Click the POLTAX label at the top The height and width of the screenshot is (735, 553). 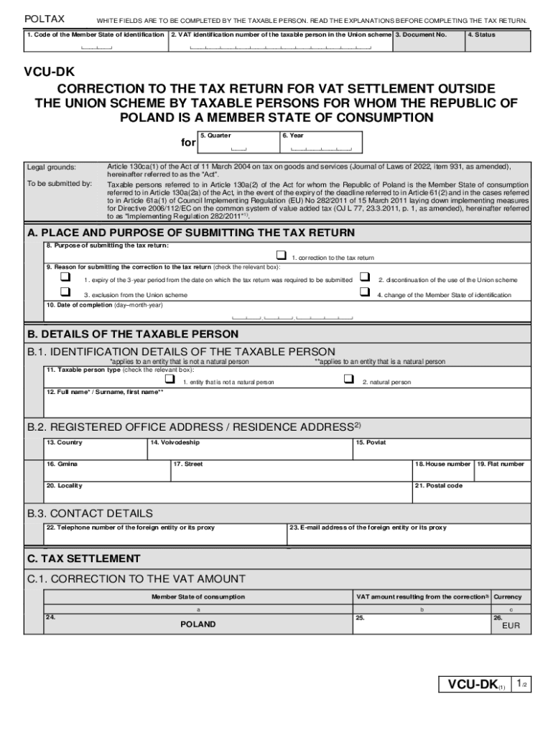tap(45, 19)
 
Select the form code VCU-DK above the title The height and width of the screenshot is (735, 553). tap(50, 72)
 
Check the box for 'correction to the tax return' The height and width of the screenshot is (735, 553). tap(281, 256)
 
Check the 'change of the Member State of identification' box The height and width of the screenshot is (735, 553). tap(364, 292)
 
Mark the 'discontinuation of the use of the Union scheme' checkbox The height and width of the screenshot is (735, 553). tap(364, 277)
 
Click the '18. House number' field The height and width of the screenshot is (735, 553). tap(442, 471)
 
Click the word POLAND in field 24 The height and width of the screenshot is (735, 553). tap(197, 624)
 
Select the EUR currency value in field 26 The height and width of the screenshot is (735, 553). tap(510, 626)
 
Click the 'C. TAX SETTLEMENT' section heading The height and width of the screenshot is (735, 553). tap(83, 558)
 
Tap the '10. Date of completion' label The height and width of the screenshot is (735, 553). tap(104, 305)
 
